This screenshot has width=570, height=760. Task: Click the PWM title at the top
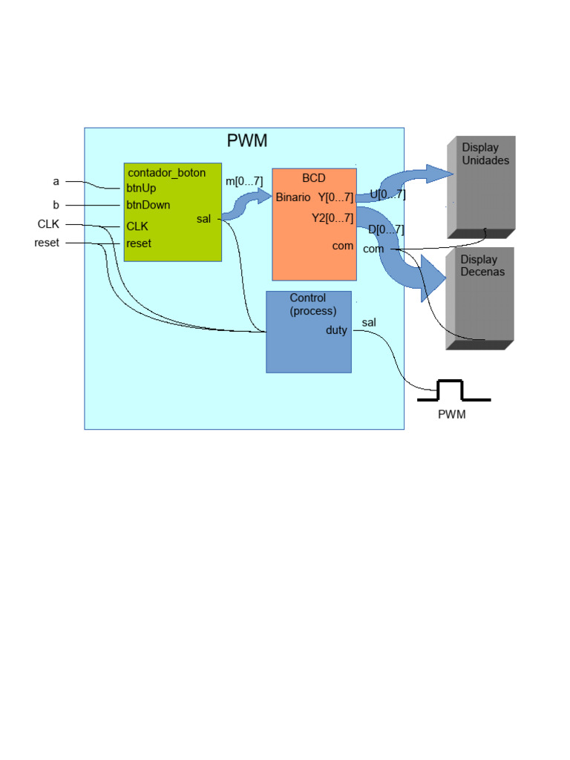pos(246,141)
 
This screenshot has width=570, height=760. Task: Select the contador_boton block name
pos(166,173)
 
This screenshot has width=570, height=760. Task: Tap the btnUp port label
pos(141,189)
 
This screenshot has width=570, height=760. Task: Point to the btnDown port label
pos(148,206)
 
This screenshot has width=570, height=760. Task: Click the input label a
pos(56,181)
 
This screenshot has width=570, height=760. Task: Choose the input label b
pos(56,205)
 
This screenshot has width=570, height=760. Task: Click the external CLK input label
pos(48,224)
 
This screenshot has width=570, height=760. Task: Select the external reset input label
pos(47,243)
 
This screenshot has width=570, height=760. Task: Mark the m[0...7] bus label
pos(244,181)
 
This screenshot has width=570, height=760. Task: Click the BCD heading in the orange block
pos(313,178)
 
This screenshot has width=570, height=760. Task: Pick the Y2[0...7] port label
pos(332,218)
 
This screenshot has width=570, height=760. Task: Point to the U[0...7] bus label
pos(387,195)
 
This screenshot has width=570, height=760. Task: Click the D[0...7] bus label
pos(386,230)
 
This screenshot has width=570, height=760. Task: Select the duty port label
pos(336,330)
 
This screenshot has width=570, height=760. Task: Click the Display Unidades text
pos(485,154)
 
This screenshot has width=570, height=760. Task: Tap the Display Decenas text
pos(482,266)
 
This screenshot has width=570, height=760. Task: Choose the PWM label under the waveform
pos(451,415)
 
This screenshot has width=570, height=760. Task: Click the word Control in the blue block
pos(307,298)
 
